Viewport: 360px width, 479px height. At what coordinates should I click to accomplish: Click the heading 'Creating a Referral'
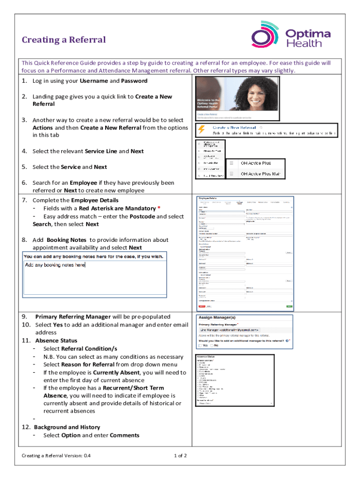pyautogui.click(x=64, y=40)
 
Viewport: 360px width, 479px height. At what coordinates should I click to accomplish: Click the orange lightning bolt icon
pyautogui.click(x=202, y=130)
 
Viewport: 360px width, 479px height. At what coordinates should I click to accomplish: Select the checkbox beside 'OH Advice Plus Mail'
pyautogui.click(x=231, y=174)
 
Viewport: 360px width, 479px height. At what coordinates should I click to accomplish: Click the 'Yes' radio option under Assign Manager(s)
pyautogui.click(x=201, y=346)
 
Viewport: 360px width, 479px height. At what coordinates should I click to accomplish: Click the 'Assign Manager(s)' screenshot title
pyautogui.click(x=218, y=317)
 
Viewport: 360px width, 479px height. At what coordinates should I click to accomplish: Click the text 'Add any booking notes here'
pyautogui.click(x=55, y=265)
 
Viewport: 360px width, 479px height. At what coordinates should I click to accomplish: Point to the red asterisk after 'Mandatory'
pyautogui.click(x=159, y=208)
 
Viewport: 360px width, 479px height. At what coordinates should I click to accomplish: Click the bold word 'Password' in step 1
pyautogui.click(x=134, y=81)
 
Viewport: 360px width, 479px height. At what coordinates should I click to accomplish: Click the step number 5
pyautogui.click(x=24, y=167)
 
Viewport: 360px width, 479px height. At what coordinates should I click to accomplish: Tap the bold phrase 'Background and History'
pyautogui.click(x=67, y=427)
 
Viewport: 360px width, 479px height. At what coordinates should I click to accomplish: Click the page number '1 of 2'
pyautogui.click(x=180, y=456)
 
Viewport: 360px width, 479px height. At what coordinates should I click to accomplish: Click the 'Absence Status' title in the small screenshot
pyautogui.click(x=208, y=356)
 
